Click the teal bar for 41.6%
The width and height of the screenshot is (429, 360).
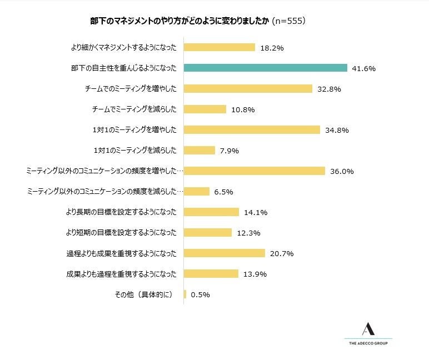click(x=266, y=68)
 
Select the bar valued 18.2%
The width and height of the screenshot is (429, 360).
click(x=219, y=48)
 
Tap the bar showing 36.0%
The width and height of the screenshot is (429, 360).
click(x=254, y=171)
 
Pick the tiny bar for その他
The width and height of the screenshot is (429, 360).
click(x=184, y=294)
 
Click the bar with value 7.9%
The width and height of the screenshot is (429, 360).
click(x=199, y=150)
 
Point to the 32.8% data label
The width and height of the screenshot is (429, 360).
click(x=329, y=89)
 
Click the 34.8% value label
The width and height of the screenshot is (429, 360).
click(x=337, y=130)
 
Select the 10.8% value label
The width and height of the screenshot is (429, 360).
click(x=243, y=109)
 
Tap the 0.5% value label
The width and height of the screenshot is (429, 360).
click(x=200, y=295)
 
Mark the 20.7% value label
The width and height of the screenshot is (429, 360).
click(x=282, y=253)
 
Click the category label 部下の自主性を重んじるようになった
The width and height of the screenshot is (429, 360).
click(x=124, y=68)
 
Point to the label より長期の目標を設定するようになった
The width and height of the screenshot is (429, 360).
click(x=121, y=212)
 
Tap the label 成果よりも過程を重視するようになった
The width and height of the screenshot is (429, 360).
click(x=121, y=274)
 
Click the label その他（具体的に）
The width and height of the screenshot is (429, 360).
click(x=144, y=294)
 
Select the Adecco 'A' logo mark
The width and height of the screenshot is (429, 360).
click(x=367, y=329)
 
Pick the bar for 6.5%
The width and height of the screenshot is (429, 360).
click(x=196, y=191)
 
